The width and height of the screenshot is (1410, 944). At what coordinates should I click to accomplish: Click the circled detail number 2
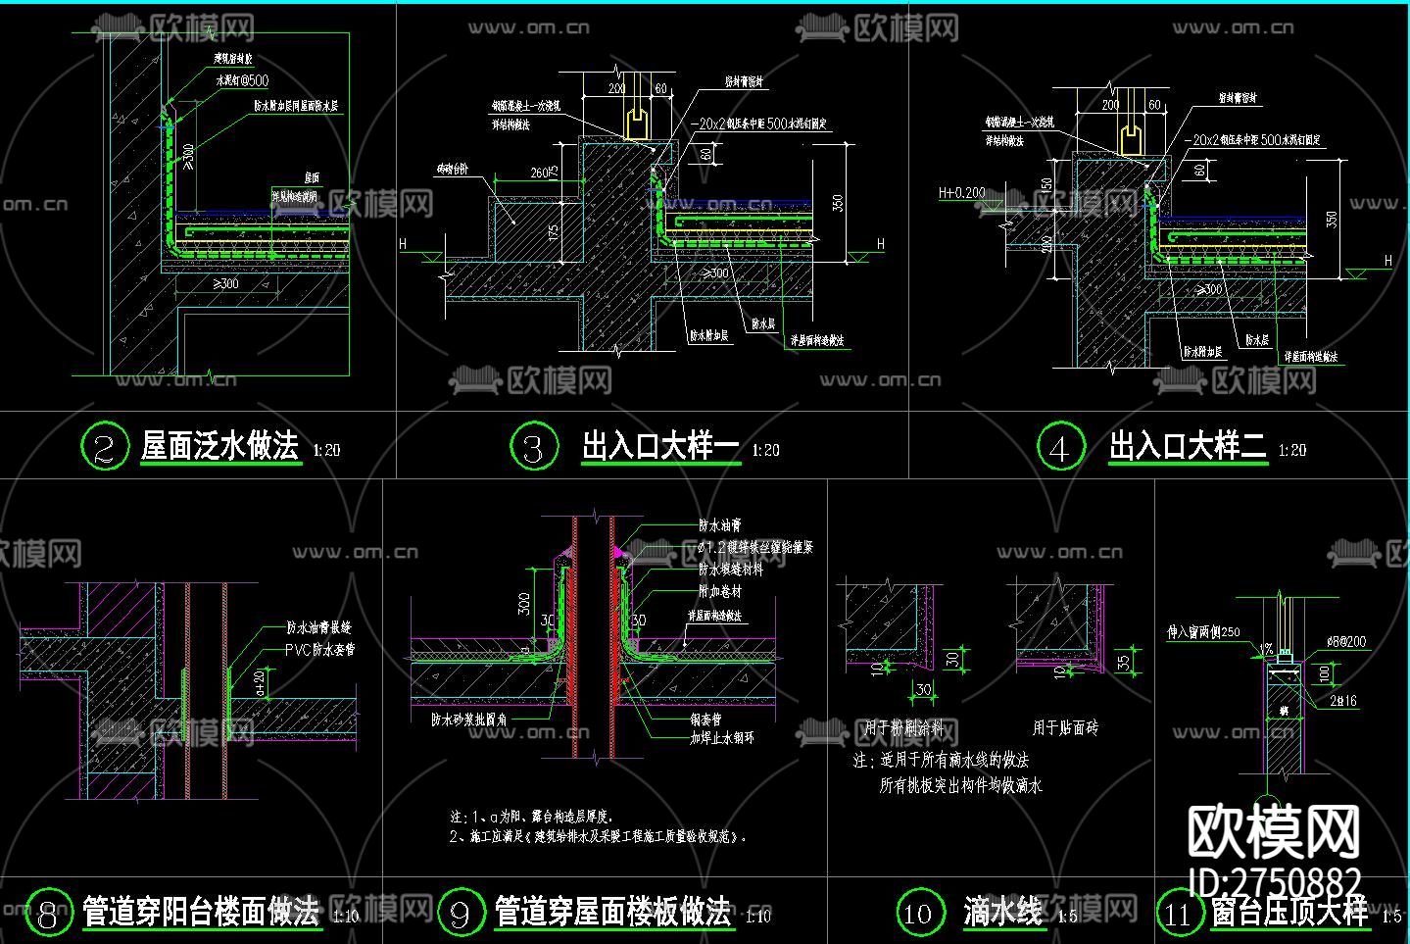105,446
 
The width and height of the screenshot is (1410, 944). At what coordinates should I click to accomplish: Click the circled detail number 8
47,913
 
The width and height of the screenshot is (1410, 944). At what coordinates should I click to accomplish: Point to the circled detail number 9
460,913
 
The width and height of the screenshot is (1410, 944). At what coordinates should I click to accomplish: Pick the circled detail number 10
918,913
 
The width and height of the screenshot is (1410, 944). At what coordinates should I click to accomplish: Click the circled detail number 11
1178,913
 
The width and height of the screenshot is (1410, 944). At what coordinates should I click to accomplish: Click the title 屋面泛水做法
219,446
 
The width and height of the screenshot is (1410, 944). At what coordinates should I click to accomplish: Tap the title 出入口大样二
1187,446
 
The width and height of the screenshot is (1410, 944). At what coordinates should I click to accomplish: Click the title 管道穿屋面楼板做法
612,912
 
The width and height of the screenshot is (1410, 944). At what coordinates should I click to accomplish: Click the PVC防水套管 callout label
319,649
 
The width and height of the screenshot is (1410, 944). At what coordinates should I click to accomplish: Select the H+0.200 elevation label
962,193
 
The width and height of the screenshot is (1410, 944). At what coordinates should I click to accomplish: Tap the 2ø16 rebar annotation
1344,700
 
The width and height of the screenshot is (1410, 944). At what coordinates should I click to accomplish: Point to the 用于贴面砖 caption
1065,727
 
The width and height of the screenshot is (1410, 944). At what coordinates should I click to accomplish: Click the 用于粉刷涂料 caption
903,727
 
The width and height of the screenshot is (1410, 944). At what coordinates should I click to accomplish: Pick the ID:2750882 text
1274,880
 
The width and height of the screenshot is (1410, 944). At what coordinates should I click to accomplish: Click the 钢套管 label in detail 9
705,719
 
